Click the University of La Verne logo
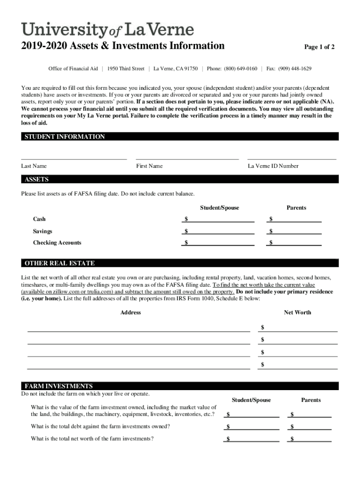tap(107, 30)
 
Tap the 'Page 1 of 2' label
tap(319, 47)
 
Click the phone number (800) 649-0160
tap(240, 69)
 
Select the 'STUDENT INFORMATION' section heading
tap(65, 137)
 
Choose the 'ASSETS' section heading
tap(36, 180)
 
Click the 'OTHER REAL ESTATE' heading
tap(59, 263)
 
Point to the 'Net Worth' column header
tap(297, 312)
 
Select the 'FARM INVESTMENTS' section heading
tap(58, 386)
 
